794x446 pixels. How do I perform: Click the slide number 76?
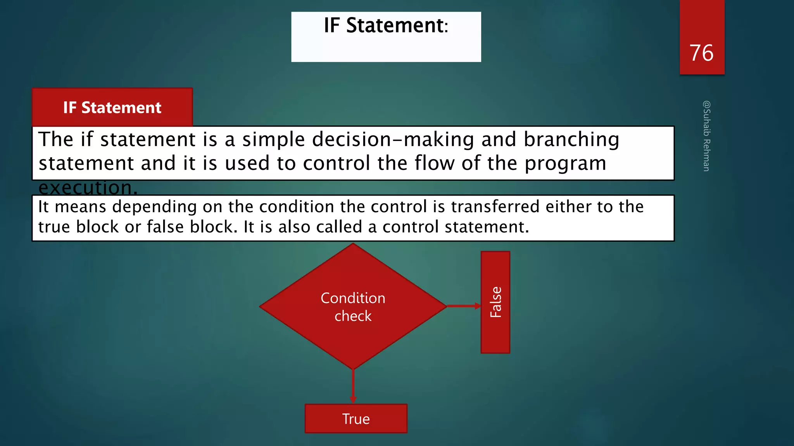click(x=701, y=53)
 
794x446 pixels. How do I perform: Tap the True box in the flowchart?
click(x=356, y=419)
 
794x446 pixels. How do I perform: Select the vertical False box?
click(x=495, y=302)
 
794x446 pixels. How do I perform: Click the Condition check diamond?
click(x=353, y=306)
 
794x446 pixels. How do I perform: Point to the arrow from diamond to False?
click(x=463, y=306)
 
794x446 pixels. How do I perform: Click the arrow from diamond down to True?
click(x=353, y=385)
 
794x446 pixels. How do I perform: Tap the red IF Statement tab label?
click(x=112, y=108)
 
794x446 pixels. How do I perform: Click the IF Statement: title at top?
click(x=386, y=26)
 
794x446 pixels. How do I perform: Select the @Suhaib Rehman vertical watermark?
click(x=706, y=136)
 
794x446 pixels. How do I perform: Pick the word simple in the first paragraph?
click(x=273, y=139)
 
